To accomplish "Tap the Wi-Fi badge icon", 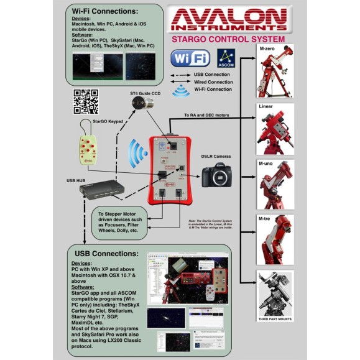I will coord(190,59).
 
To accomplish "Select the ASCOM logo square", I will coord(225,59).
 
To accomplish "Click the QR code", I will coord(86,101).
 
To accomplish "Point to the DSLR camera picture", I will coord(218,177).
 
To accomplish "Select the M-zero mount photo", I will coord(275,72).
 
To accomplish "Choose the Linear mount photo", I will coord(275,131).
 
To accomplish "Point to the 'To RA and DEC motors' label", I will coord(207,115).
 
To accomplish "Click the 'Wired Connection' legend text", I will coord(213,81).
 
